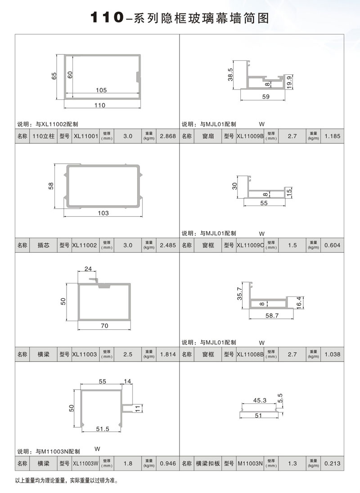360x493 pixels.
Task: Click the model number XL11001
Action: pyautogui.click(x=85, y=136)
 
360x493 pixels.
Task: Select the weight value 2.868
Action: pyautogui.click(x=168, y=136)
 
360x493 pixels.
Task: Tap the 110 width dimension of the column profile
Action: pyautogui.click(x=100, y=105)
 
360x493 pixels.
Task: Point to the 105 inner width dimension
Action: pyautogui.click(x=102, y=90)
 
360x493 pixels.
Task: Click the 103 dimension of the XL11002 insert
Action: pyautogui.click(x=103, y=213)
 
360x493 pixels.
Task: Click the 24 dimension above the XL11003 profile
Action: pyautogui.click(x=88, y=269)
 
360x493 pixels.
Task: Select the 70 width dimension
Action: pyautogui.click(x=104, y=326)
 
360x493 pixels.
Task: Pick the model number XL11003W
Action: pyautogui.click(x=85, y=463)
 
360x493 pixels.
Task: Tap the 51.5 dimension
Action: pyautogui.click(x=103, y=429)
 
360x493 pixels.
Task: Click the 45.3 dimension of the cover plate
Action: pyautogui.click(x=260, y=400)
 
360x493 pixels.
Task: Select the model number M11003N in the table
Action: pyautogui.click(x=250, y=463)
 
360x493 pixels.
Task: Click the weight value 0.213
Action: pyautogui.click(x=332, y=463)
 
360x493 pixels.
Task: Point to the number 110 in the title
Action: pyautogui.click(x=107, y=18)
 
